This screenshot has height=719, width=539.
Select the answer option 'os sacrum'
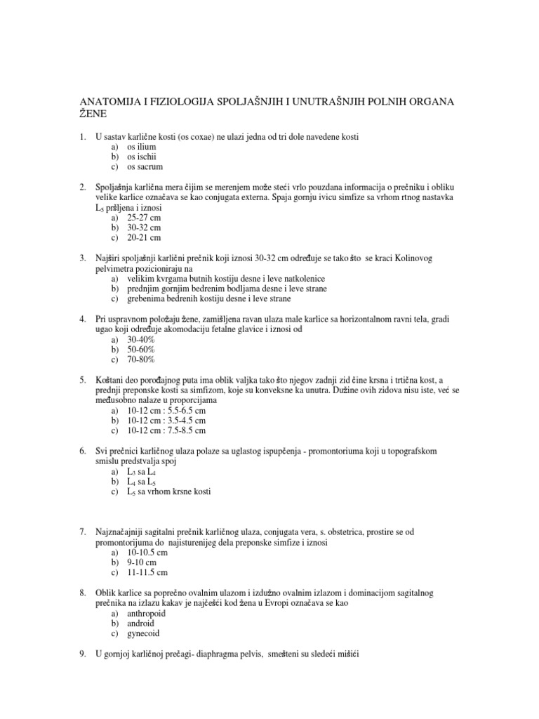tap(145, 167)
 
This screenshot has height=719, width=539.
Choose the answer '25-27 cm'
tap(144, 218)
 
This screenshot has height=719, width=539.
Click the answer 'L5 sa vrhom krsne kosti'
tap(168, 492)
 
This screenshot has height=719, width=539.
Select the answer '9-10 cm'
tap(141, 563)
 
